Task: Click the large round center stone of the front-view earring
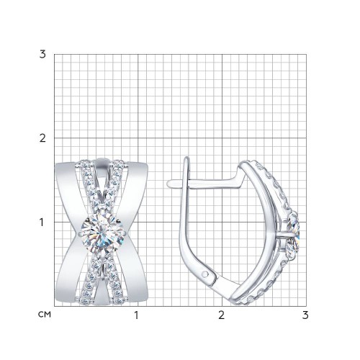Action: [102, 233]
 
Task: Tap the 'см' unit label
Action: [45, 315]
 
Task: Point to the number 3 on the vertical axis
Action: [42, 55]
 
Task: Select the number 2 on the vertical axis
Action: [42, 138]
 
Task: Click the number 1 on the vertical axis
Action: [42, 222]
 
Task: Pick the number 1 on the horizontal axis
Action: [136, 315]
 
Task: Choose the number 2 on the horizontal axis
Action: [221, 315]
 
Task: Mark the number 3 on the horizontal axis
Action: [305, 315]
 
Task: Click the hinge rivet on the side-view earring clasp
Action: [204, 274]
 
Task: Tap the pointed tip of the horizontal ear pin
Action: [168, 184]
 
